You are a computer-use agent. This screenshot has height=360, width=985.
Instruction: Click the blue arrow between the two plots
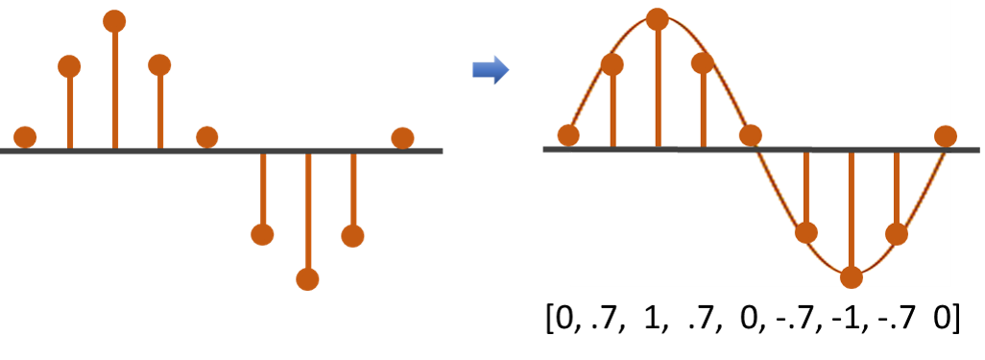point(491,69)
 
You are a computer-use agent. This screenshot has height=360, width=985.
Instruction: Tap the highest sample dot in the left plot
point(114,21)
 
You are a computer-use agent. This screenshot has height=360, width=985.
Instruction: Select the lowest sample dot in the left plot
point(307,278)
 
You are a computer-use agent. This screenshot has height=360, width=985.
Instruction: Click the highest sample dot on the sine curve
point(658,19)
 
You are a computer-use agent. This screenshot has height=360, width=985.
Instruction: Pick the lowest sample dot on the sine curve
point(852,277)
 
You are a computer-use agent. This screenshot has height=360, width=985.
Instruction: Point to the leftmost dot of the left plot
point(26,137)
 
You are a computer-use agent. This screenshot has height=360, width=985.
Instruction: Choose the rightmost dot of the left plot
point(402,138)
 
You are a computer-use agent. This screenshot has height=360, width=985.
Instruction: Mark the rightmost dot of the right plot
point(946,136)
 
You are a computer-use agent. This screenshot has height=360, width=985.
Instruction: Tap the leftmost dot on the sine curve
point(568,135)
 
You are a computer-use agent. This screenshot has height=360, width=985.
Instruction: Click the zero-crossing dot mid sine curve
point(751,135)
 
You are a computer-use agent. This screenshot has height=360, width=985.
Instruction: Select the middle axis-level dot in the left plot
point(207,137)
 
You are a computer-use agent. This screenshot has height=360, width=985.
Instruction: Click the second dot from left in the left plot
point(70,66)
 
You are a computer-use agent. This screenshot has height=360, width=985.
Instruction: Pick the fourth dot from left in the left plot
point(159,65)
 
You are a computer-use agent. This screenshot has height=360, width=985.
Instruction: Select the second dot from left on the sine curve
point(613,64)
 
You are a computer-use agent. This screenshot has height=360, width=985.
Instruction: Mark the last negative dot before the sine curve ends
point(897,233)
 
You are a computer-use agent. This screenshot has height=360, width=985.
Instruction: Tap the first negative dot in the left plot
point(262,234)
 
